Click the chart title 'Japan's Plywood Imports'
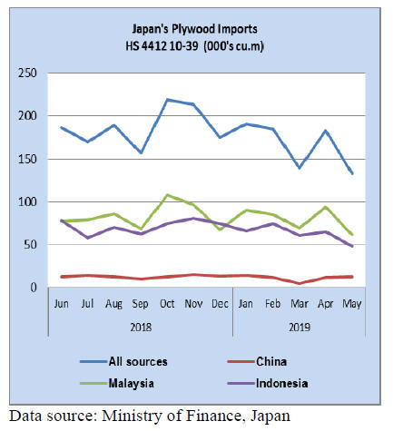tap(195, 29)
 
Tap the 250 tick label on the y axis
tap(27, 73)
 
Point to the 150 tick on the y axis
tap(27, 159)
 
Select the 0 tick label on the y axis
tap(34, 288)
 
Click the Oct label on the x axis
tap(167, 304)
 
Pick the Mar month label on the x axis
tap(300, 304)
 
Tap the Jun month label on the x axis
tap(61, 304)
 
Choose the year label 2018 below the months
tap(141, 328)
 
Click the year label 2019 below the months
tap(300, 328)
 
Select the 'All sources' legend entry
tap(123, 361)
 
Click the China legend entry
tap(257, 361)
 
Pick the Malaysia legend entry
tap(117, 383)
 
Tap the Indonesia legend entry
tap(268, 383)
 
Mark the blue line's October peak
tap(167, 100)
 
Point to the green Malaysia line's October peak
tap(167, 195)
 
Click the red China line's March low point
tap(300, 283)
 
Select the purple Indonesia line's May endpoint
tap(352, 246)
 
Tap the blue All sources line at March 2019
tap(300, 168)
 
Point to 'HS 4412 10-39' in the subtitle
tap(162, 46)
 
